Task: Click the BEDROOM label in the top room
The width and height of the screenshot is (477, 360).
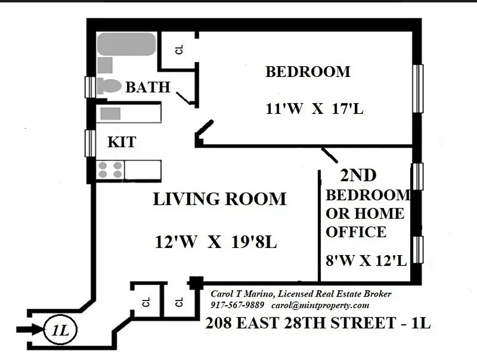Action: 308,72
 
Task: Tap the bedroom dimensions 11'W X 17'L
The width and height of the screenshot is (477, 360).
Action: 314,109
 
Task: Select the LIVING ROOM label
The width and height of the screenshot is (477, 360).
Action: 220,199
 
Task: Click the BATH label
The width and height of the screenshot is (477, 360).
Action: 148,87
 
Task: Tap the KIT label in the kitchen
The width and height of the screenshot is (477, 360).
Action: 121,143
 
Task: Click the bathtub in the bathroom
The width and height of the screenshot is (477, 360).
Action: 126,44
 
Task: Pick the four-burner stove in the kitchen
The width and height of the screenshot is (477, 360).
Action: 110,170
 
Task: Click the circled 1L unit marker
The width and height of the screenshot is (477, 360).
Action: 60,331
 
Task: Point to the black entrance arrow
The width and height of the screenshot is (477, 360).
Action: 29,330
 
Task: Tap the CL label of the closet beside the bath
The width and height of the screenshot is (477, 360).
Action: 180,50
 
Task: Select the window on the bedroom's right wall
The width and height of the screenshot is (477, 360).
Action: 418,88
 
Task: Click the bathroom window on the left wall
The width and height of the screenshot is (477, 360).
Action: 90,87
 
